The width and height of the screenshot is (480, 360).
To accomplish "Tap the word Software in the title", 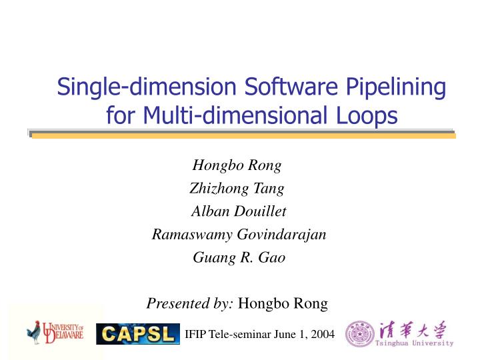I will tap(283, 87).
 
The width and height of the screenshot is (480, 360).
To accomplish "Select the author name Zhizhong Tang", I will tap(237, 189).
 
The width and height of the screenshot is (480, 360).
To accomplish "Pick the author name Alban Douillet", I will tap(239, 211).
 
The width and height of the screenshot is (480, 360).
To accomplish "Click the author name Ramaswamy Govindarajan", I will tap(239, 235).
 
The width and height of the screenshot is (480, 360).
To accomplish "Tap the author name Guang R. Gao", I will tap(239, 257).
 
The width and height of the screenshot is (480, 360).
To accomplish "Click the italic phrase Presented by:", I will tap(190, 303).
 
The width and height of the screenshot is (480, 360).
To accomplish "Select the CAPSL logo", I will tap(138, 333).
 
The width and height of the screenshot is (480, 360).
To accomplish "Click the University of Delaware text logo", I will tap(64, 331).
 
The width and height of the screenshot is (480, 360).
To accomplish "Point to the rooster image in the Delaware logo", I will tap(34, 332).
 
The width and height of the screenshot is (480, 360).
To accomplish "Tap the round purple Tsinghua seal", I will tap(359, 334).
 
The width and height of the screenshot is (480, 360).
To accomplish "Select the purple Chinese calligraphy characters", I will tap(412, 330).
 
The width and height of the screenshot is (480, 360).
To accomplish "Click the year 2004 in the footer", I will tap(322, 334).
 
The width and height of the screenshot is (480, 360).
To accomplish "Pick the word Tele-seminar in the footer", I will tap(237, 334).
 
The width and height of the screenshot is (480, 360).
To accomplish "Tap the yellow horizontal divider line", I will tap(243, 135).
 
